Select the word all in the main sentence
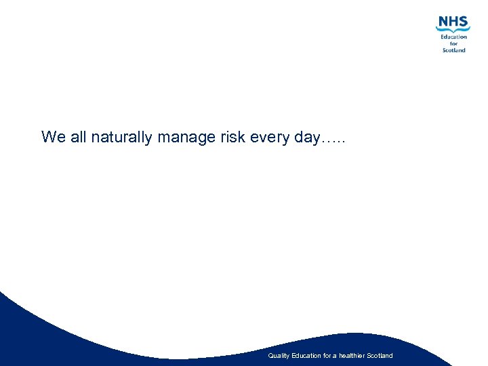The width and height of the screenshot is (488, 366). [78, 137]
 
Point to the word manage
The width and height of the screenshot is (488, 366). [186, 138]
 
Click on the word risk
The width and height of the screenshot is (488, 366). [232, 137]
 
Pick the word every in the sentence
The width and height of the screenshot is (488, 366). [270, 138]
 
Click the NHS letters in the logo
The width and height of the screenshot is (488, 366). [453, 22]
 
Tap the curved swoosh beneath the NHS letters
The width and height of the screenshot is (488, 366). [453, 30]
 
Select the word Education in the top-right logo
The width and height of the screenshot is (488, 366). [453, 37]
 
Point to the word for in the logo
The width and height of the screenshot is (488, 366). [454, 43]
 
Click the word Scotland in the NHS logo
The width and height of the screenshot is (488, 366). [453, 50]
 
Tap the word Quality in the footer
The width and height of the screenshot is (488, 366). [279, 356]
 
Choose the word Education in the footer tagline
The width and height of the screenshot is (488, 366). [306, 356]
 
